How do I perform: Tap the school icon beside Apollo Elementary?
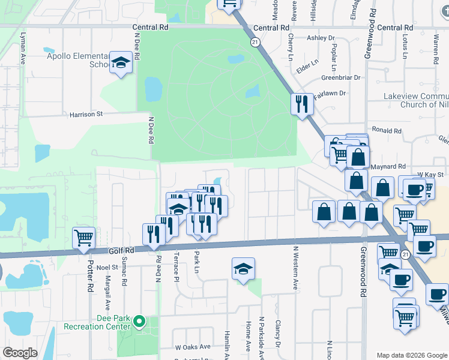point(121,62)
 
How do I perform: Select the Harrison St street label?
point(86,113)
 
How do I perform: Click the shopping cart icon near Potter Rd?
point(83,237)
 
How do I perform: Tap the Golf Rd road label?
point(119,251)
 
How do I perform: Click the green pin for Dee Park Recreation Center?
point(140,322)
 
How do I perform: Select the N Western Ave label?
point(295,268)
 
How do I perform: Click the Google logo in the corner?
point(20,353)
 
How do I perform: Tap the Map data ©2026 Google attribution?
point(412,355)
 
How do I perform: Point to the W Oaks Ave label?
point(193,347)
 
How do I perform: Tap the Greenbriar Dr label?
point(340,77)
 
